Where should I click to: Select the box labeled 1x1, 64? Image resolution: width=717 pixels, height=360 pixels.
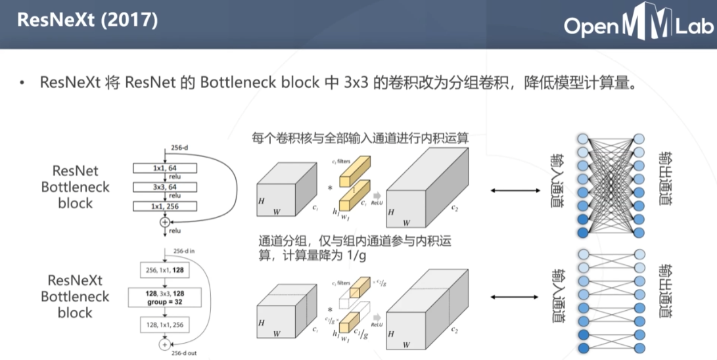coord(164,168)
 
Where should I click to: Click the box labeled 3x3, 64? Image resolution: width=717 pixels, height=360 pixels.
coord(164,187)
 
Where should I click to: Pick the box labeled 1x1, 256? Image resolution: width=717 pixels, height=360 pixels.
coord(164,206)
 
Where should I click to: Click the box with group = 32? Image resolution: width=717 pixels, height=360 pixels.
coord(164,296)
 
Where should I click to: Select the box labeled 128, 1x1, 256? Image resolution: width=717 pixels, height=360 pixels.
coord(164,324)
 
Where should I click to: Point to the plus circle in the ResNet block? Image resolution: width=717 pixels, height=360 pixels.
coord(164,223)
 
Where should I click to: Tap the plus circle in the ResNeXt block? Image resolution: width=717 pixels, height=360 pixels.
coord(164,344)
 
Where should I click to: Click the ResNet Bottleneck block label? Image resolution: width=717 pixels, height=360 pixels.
coord(75,187)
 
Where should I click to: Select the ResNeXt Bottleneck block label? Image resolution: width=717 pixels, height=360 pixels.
coord(75,296)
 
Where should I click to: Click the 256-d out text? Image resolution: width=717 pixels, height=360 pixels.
coord(183,353)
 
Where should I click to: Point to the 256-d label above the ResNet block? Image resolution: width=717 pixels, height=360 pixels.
coord(179,148)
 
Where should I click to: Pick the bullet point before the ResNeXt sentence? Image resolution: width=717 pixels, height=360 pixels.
coord(22,84)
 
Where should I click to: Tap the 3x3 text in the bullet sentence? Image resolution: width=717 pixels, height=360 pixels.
coord(357,83)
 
